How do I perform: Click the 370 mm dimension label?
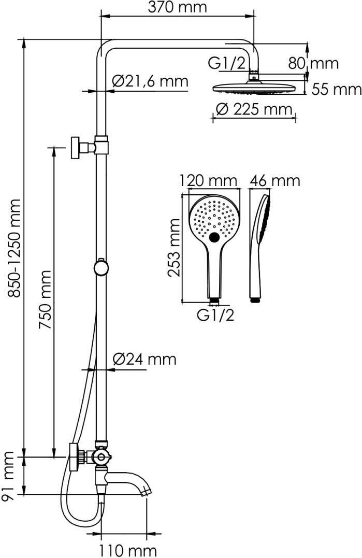177,7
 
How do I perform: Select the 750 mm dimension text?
45,301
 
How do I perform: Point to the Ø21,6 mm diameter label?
150,81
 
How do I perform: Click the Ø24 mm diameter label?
144,359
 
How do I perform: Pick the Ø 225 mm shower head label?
254,109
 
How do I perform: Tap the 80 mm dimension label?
313,63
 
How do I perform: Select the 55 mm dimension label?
337,89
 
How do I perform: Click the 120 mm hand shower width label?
208,180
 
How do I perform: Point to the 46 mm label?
274,180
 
